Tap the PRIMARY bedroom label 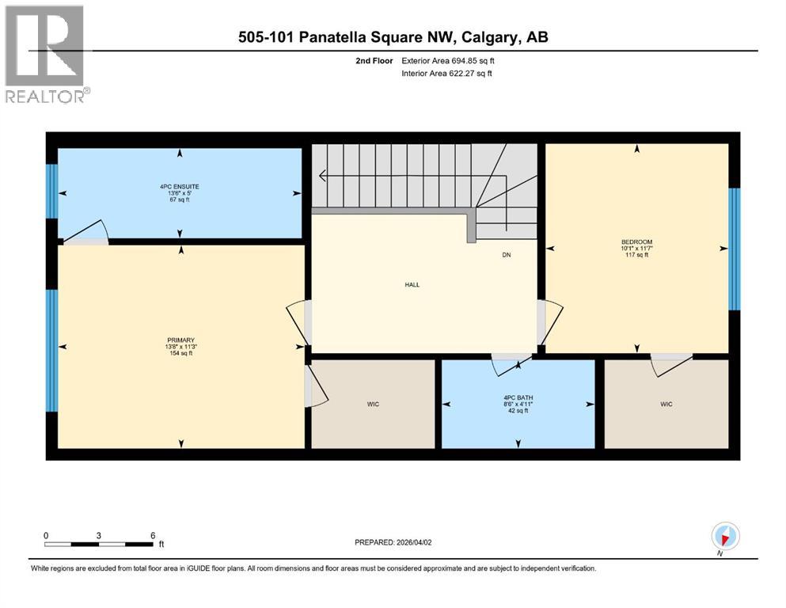[180, 340]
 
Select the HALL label [411, 285]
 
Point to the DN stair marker [507, 255]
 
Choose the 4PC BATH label [518, 398]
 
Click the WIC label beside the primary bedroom [373, 405]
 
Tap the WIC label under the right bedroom [666, 405]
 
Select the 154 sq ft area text [180, 353]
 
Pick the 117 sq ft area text [636, 255]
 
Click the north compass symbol [725, 536]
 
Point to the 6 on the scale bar [153, 535]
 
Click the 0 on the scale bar [47, 535]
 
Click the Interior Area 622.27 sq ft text [447, 74]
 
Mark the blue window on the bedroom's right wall [734, 249]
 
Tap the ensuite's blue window [51, 191]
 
